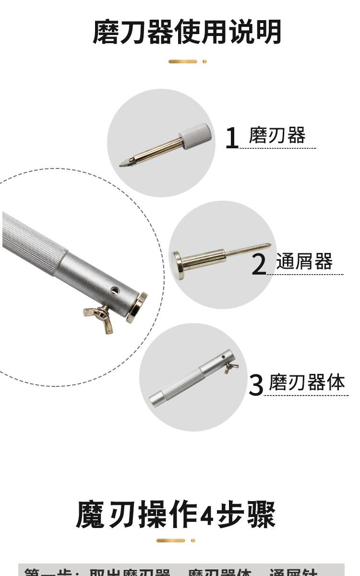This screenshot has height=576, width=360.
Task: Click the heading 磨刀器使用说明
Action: (187, 32)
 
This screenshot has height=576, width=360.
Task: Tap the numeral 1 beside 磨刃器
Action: (232, 138)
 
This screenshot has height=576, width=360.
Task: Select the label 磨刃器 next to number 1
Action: (277, 136)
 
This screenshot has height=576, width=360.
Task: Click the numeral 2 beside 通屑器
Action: (259, 264)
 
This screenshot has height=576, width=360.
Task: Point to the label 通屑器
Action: (304, 262)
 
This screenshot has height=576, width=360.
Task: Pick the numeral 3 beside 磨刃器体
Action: (256, 385)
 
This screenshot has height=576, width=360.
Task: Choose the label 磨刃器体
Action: (307, 383)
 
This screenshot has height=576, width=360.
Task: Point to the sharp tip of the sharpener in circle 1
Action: (122, 165)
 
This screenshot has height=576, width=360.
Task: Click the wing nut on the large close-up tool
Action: (100, 315)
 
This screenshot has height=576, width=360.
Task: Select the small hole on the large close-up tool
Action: (114, 290)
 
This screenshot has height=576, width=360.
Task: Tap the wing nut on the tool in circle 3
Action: (231, 368)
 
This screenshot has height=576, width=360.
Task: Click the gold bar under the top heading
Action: (183, 61)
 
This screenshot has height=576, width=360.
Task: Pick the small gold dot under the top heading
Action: (204, 61)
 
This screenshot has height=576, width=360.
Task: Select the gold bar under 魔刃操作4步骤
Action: (171, 540)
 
